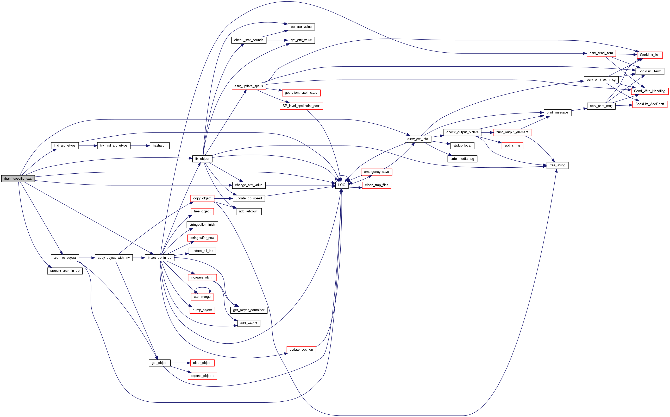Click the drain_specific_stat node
pyautogui.click(x=18, y=179)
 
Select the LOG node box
pyautogui.click(x=341, y=185)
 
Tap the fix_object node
pyautogui.click(x=202, y=159)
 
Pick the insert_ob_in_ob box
pyautogui.click(x=159, y=258)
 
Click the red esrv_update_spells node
pyautogui.click(x=248, y=86)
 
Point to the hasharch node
pyautogui.click(x=159, y=145)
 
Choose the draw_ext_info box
pyautogui.click(x=417, y=139)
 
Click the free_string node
pyautogui.click(x=557, y=165)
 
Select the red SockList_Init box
pyautogui.click(x=649, y=55)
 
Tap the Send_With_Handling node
pyautogui.click(x=649, y=91)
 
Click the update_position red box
pyautogui.click(x=301, y=349)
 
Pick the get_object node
pyautogui.click(x=159, y=363)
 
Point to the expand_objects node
pyautogui.click(x=202, y=376)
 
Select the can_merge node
pyautogui.click(x=202, y=297)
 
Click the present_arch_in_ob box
pyautogui.click(x=65, y=270)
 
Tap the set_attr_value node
pyautogui.click(x=301, y=27)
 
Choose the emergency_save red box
pyautogui.click(x=376, y=172)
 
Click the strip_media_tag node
pyautogui.click(x=462, y=159)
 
